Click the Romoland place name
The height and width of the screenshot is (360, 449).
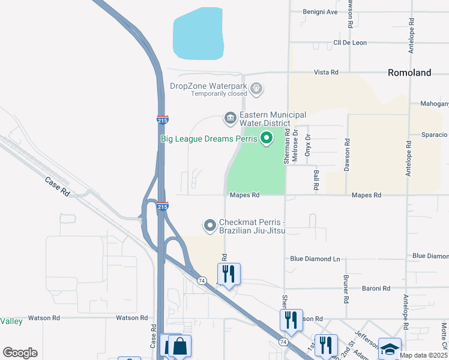tap(409, 73)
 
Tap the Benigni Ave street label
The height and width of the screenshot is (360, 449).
tap(324, 11)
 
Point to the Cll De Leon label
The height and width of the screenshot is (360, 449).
tap(350, 43)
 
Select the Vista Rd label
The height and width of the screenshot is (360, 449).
tap(326, 72)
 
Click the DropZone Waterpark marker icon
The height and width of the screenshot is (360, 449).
tap(256, 89)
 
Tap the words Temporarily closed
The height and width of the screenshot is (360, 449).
tap(219, 94)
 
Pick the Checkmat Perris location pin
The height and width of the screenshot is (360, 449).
tap(209, 226)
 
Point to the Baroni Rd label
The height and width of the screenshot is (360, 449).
tap(376, 289)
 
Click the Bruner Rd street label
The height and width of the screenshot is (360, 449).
tap(346, 289)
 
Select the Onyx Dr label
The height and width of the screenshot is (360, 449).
tap(307, 145)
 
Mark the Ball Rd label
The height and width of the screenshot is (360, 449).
tap(316, 178)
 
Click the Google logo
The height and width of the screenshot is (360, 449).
tap(20, 353)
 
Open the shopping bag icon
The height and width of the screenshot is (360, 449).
tap(179, 346)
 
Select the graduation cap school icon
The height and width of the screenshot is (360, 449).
tap(390, 349)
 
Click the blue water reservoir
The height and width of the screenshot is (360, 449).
tap(199, 34)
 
